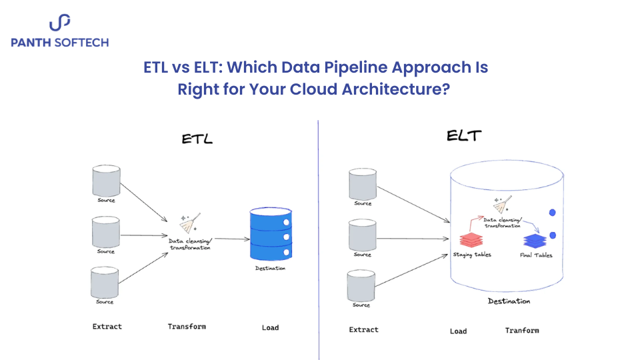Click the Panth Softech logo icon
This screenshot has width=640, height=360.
pos(59,24)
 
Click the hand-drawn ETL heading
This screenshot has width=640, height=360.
pos(197,139)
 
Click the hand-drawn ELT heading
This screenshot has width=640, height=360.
pos(464,137)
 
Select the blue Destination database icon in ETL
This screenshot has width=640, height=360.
pos(271,234)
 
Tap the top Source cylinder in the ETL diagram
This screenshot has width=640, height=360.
pos(106,180)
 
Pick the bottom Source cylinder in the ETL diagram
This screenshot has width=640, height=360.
pos(106,282)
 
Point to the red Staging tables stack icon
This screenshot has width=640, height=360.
pos(472,239)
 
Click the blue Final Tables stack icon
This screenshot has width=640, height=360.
pos(535,241)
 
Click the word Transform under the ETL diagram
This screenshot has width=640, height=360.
pos(187,327)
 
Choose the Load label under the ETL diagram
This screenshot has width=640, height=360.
pos(270,327)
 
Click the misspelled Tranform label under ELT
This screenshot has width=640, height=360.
pos(521,330)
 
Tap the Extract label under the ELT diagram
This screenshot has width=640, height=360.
pos(363,329)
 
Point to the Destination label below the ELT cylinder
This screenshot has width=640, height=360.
pos(509,301)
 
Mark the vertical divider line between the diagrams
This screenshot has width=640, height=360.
pos(319,240)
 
